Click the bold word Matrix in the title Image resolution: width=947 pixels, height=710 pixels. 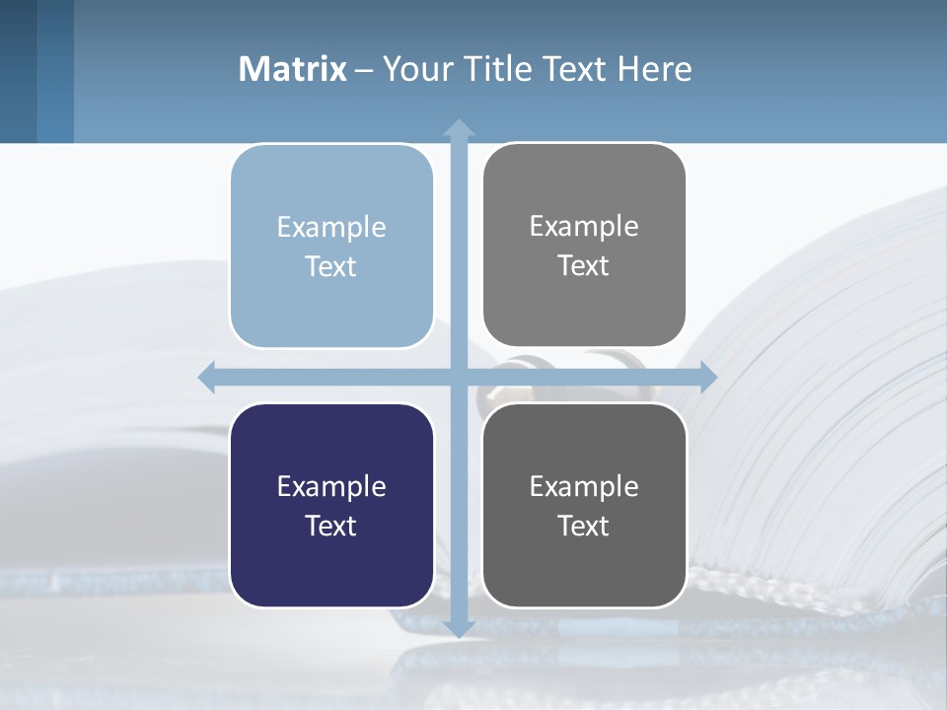(293, 69)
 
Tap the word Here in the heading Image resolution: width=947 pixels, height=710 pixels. (654, 69)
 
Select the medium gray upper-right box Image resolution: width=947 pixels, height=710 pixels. (584, 306)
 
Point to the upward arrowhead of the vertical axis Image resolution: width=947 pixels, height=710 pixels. (459, 128)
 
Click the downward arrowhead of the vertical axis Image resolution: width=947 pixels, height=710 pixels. (459, 627)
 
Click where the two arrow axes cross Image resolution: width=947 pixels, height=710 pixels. (459, 377)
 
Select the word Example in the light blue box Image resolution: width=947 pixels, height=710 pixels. (331, 228)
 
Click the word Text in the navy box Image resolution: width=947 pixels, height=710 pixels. (331, 526)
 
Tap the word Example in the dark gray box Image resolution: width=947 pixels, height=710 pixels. (584, 486)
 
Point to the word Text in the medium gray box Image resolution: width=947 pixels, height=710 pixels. (584, 265)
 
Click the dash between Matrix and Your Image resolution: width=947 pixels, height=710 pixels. (364, 70)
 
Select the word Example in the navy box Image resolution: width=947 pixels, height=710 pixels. (331, 486)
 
